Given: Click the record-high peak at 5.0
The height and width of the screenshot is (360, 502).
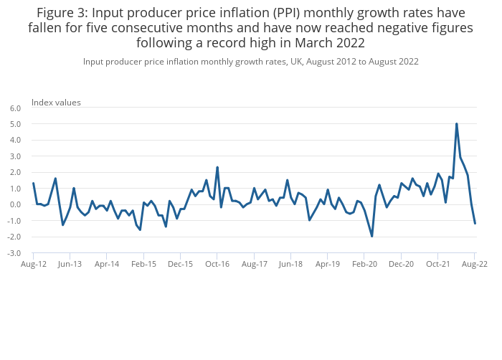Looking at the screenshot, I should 456,124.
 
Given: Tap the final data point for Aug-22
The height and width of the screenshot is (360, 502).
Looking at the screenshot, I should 475,223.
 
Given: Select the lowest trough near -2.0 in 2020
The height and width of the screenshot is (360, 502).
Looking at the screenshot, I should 372,236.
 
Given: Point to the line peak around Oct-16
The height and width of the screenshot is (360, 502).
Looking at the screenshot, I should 217,167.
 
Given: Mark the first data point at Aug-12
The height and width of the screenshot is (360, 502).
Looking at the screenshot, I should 34,183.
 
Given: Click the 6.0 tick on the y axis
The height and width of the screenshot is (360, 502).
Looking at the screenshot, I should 16,108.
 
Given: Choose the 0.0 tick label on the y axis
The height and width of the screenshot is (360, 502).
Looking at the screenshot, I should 16,204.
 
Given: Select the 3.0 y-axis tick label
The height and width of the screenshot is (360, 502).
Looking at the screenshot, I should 16,156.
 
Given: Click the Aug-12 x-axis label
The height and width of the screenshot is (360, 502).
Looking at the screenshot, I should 34,264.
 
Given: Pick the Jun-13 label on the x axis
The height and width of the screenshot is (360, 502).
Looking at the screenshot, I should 70,264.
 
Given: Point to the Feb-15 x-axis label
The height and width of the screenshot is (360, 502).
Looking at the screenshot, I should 143,264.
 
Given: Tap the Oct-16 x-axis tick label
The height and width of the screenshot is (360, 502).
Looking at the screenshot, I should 217,264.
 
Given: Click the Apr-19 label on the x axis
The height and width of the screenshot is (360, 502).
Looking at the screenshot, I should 328,264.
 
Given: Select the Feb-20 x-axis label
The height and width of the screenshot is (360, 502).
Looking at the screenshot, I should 364,264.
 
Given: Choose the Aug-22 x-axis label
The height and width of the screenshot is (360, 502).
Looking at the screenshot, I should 475,264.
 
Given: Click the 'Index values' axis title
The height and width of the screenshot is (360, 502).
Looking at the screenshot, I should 56,102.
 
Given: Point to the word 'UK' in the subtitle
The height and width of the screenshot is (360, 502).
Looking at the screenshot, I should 296,62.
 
